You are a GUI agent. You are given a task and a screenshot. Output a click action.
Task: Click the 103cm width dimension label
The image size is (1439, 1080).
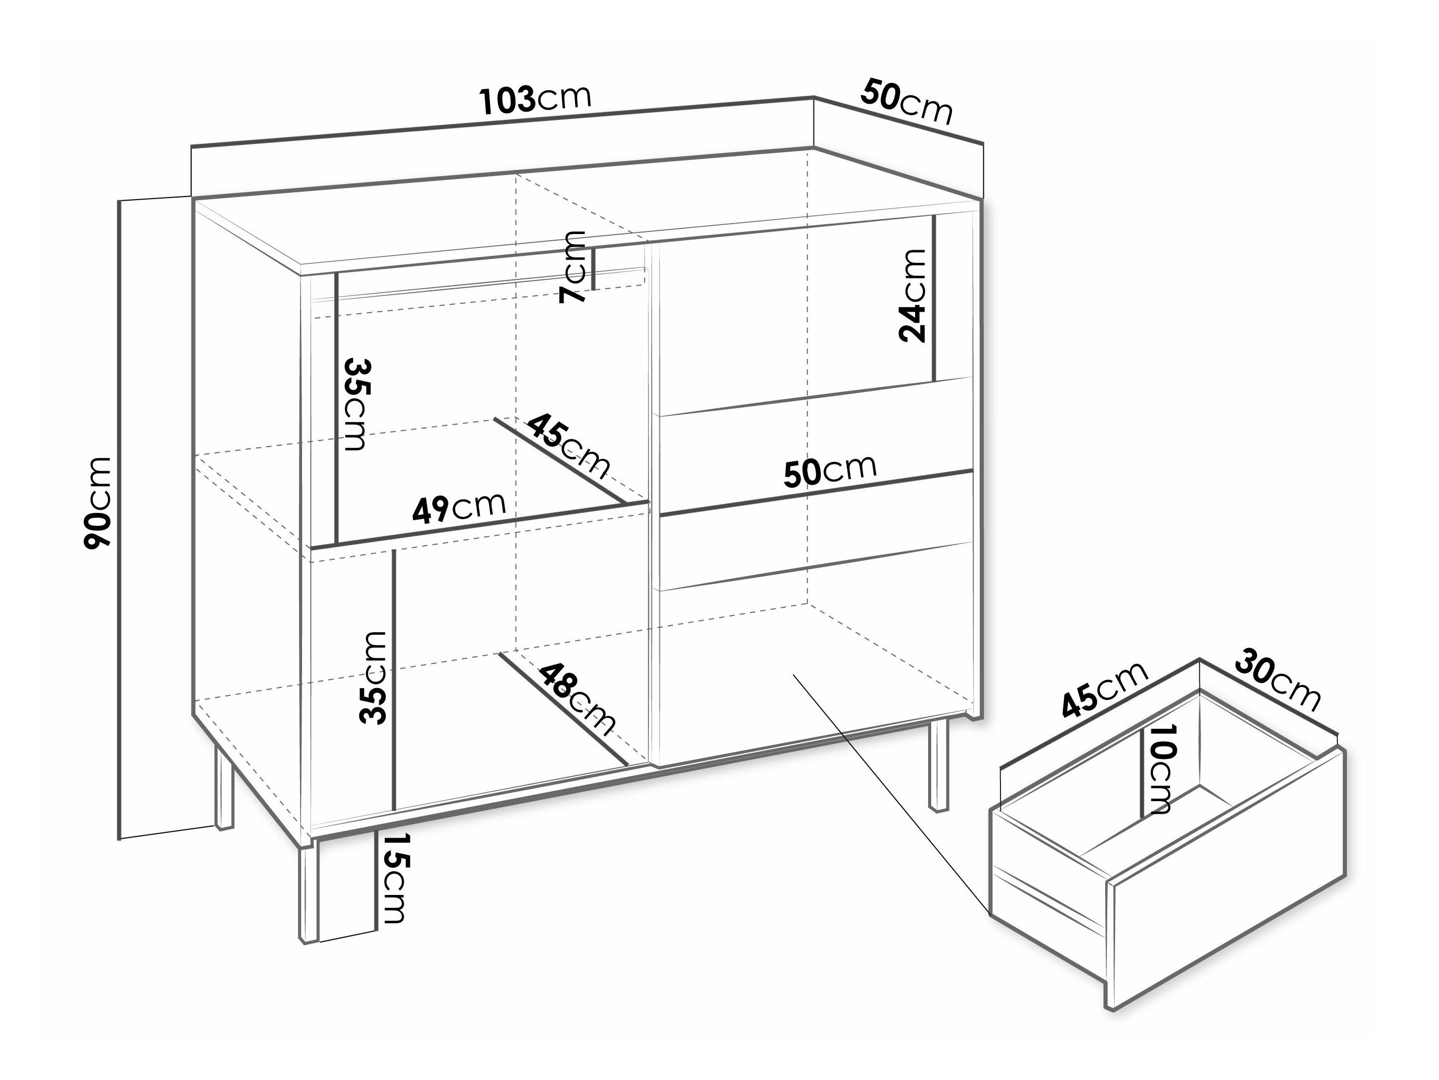coord(535,99)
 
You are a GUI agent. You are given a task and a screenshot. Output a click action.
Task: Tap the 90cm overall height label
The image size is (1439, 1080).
coord(98,502)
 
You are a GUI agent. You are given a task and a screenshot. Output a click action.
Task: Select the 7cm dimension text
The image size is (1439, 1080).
coord(572,266)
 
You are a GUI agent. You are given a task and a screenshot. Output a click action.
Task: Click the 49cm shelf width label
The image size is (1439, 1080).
coord(459,507)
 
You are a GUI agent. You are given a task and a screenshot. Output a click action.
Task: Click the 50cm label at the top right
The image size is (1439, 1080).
coord(907,103)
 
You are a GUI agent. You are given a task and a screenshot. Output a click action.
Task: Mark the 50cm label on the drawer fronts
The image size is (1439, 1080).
coord(830,471)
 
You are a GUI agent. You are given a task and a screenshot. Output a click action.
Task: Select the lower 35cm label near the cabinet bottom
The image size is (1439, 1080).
coord(373,678)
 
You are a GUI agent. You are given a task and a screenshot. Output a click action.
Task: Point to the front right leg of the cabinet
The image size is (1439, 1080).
coord(937,765)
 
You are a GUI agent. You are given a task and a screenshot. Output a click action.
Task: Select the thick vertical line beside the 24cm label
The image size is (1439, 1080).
coord(934,298)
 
